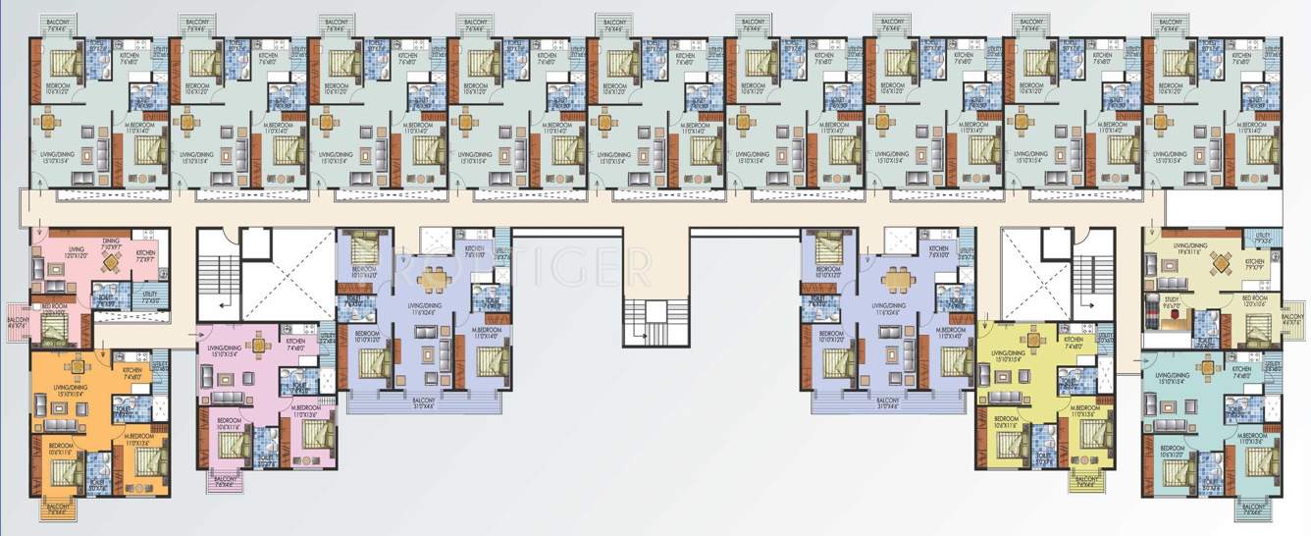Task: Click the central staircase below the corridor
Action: pyautogui.click(x=646, y=322)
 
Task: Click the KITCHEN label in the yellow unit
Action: pyautogui.click(x=1073, y=341)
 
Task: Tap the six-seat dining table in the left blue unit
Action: pyautogui.click(x=430, y=279)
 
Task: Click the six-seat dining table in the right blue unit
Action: pyautogui.click(x=895, y=279)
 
